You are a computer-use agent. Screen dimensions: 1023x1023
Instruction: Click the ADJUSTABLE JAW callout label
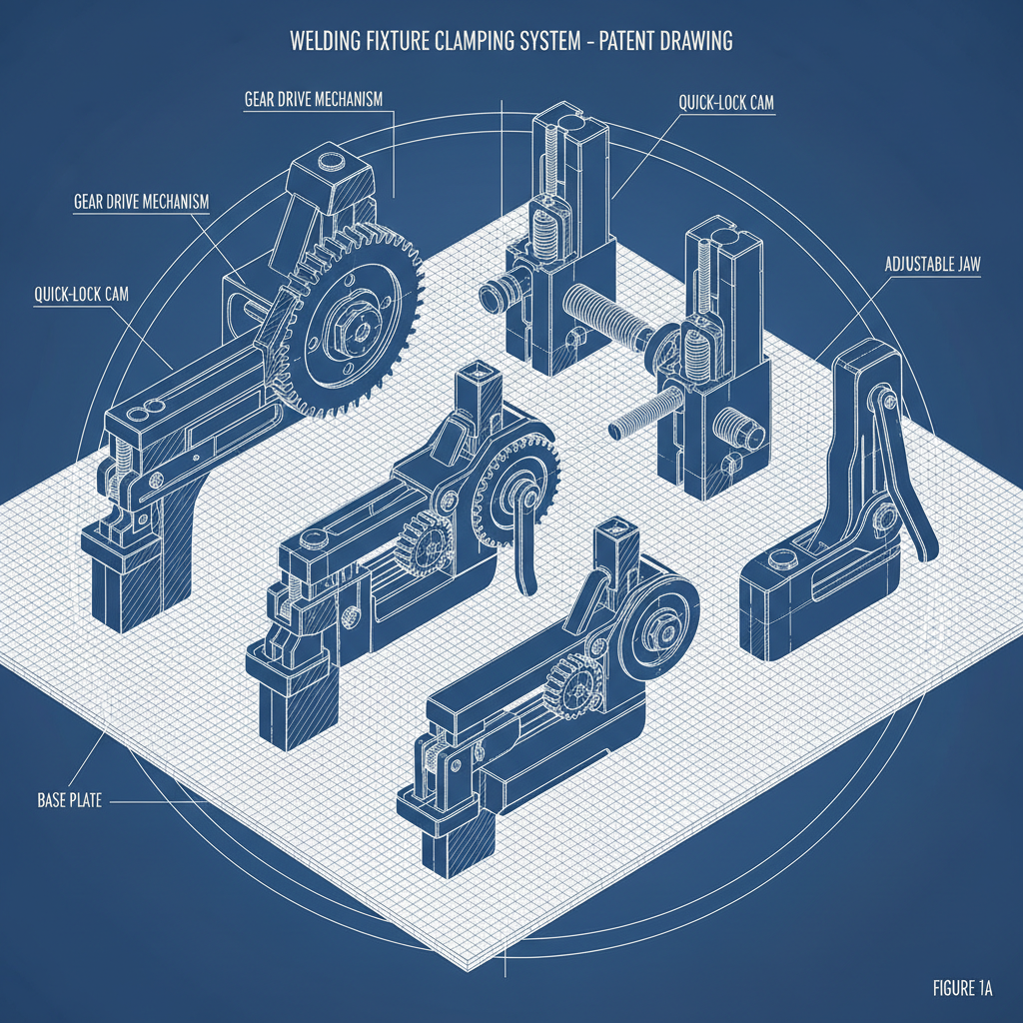point(933,266)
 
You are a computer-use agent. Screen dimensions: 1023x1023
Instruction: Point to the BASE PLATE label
point(69,800)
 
